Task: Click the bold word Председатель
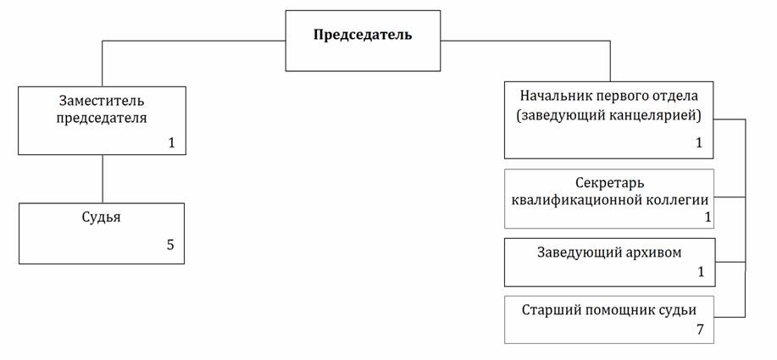pyautogui.click(x=363, y=36)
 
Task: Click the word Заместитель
pyautogui.click(x=102, y=101)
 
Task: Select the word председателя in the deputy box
pyautogui.click(x=102, y=119)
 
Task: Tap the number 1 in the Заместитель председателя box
pyautogui.click(x=171, y=143)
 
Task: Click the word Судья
pyautogui.click(x=101, y=218)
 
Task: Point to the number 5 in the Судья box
pyautogui.click(x=170, y=245)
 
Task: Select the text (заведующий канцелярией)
pyautogui.click(x=608, y=116)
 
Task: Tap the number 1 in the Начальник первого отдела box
pyautogui.click(x=699, y=143)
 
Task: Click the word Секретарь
pyautogui.click(x=610, y=183)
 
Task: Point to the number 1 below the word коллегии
pyautogui.click(x=708, y=217)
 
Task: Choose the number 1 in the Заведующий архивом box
pyautogui.click(x=701, y=272)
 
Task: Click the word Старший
pyautogui.click(x=551, y=311)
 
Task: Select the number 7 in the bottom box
pyautogui.click(x=700, y=330)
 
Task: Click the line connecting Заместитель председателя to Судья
pyautogui.click(x=103, y=179)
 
